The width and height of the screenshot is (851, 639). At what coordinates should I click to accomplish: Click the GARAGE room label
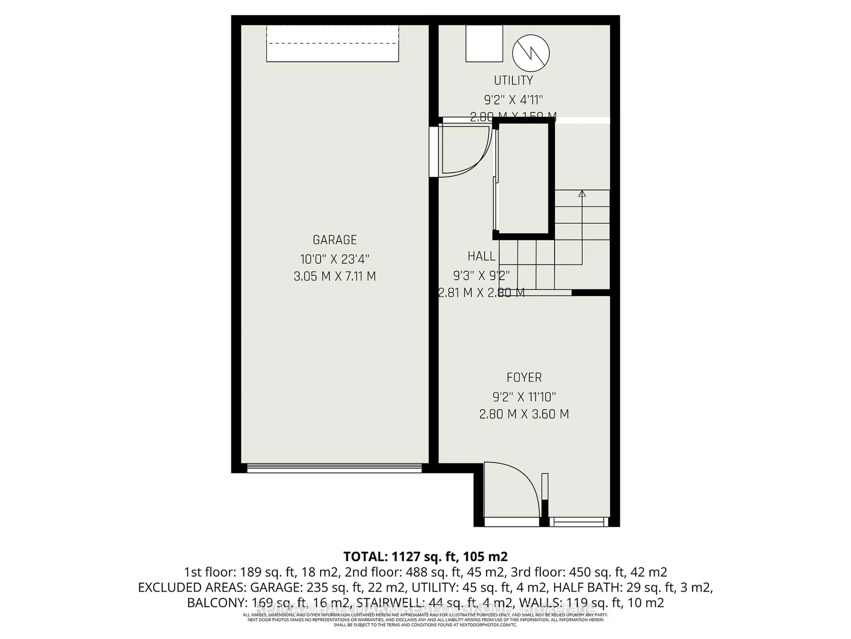pos(334,240)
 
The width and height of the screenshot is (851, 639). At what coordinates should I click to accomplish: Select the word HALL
pos(481,256)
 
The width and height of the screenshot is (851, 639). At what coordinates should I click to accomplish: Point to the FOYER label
pos(524,377)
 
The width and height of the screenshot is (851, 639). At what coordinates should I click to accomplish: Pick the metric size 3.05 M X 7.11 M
pos(334,276)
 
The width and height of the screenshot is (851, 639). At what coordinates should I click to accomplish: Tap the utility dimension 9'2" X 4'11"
pos(513,100)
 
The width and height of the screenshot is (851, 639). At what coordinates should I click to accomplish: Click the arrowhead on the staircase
pos(582,194)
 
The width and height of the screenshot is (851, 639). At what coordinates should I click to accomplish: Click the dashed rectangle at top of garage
pos(332,43)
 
